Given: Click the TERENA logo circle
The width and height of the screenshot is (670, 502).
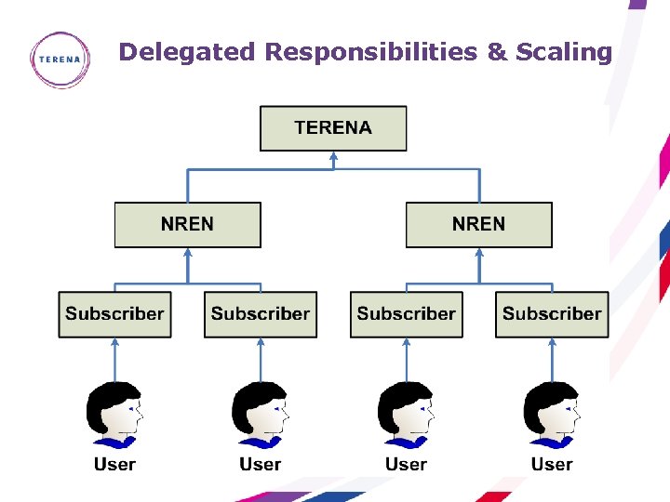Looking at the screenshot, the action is (60, 59).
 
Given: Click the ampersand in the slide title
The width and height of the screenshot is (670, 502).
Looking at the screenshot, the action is (497, 52).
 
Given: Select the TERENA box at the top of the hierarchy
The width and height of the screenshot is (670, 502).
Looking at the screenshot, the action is (333, 128).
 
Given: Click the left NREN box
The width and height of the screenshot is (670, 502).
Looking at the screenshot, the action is (187, 224).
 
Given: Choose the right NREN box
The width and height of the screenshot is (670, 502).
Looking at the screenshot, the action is (478, 224).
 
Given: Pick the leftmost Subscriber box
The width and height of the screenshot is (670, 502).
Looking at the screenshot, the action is (114, 314).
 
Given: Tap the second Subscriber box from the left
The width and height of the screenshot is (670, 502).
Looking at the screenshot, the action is (261, 314).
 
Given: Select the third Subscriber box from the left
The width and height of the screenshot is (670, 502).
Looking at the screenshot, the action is (406, 314).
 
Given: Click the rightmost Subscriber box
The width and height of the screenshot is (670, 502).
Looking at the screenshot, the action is (552, 314).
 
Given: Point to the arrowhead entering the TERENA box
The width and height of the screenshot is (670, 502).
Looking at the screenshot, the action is (333, 157).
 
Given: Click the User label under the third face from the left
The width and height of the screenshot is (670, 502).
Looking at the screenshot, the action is (406, 464).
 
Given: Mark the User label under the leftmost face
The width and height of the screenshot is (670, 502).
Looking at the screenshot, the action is (114, 464).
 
